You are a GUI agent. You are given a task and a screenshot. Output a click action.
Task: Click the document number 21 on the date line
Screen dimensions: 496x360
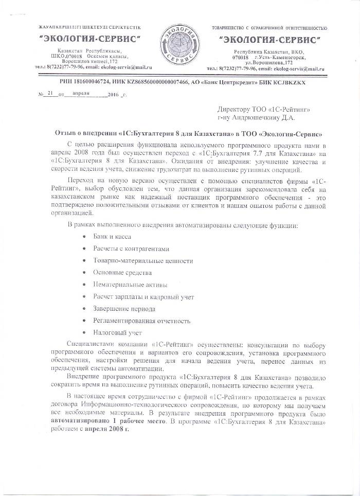[49, 95]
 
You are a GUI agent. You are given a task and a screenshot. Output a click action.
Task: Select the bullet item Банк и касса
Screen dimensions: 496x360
[112, 236]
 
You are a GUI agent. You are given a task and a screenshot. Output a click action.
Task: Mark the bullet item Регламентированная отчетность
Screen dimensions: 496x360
[141, 321]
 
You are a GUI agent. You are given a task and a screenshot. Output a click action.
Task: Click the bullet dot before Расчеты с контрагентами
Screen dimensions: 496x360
[84, 249]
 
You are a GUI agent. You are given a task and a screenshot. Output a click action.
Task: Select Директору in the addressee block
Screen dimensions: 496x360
[238, 109]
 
